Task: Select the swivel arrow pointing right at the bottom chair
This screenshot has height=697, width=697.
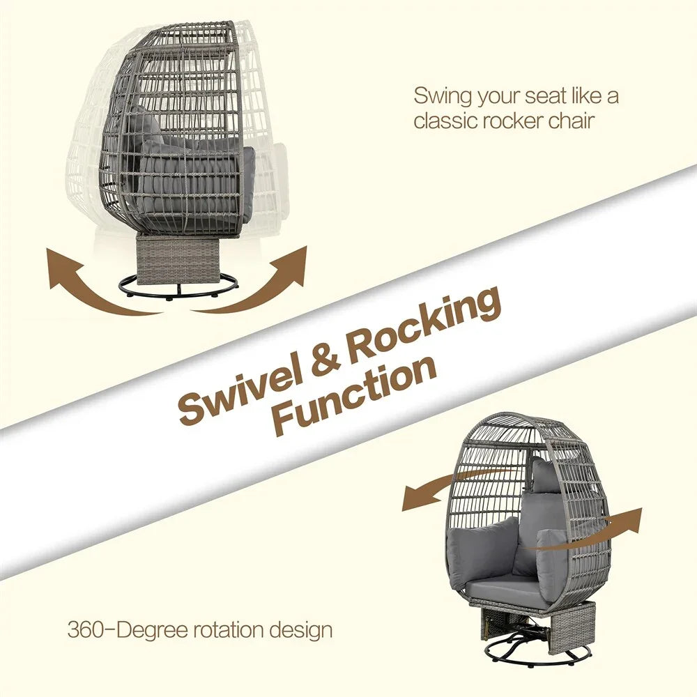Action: [613, 523]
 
